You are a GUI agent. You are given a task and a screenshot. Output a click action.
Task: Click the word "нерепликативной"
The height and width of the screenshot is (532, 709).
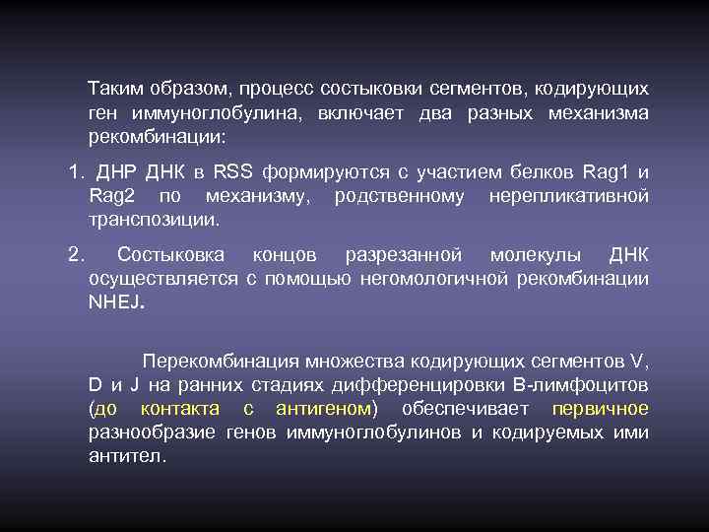(x=568, y=196)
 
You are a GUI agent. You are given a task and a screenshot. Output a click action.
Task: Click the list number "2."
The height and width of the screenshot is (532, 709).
(x=77, y=255)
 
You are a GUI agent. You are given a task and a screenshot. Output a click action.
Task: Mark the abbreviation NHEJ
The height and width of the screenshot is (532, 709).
(x=115, y=302)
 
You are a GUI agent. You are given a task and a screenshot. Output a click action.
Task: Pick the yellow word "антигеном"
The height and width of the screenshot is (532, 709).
(x=321, y=408)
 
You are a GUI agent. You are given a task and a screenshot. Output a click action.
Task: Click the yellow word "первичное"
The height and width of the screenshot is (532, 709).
(x=600, y=408)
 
